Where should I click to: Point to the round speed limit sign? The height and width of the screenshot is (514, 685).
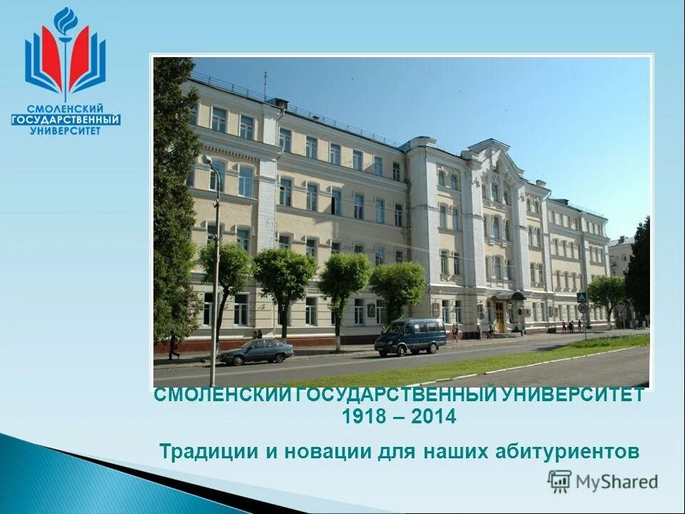(x=582, y=308)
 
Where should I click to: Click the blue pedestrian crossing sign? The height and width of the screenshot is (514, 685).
(x=582, y=297)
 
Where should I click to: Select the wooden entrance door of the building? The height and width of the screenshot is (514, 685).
(x=500, y=318)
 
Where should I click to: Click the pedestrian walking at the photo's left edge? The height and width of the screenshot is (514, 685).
(x=173, y=348)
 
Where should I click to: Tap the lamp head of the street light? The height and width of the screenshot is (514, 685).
(x=206, y=159)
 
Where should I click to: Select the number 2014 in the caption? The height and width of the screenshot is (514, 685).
(x=432, y=418)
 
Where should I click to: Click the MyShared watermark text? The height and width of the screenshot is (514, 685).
(x=616, y=482)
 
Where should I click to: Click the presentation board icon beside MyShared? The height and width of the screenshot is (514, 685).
(x=559, y=481)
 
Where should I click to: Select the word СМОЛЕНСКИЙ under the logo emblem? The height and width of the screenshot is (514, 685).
(x=66, y=108)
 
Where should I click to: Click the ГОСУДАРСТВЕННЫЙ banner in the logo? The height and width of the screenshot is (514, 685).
(x=66, y=119)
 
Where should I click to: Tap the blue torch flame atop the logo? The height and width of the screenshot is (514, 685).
(x=66, y=20)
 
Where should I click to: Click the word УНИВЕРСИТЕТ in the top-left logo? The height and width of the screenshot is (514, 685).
(x=66, y=131)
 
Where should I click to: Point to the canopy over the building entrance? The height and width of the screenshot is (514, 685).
(x=509, y=296)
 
